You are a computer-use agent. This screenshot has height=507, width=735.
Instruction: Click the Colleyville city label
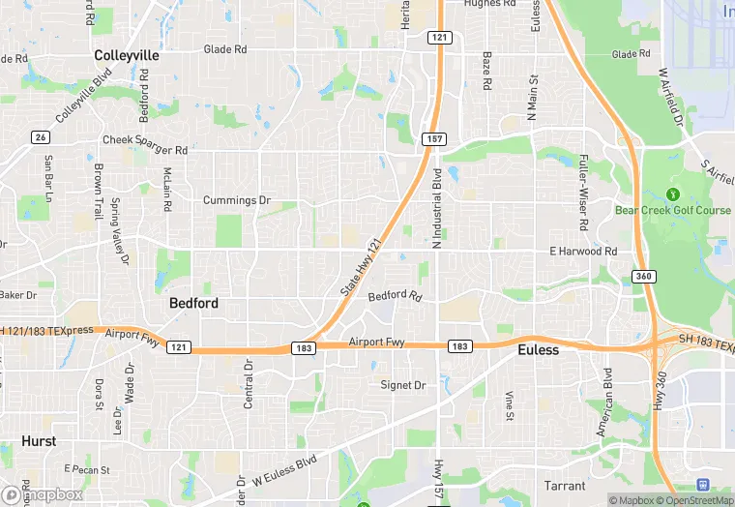pos(127,56)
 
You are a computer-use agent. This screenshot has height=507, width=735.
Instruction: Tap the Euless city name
pos(538,349)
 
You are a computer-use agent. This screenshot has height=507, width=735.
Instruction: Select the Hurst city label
pos(39,441)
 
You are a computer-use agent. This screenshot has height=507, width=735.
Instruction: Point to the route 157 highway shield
pos(433,140)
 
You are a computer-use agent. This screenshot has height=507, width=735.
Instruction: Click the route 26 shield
pos(40,137)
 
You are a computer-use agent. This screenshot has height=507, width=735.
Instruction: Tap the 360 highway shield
pos(644,277)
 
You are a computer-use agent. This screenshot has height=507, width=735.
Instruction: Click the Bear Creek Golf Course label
pos(673,210)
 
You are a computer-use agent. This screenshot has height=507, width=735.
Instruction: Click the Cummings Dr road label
pos(236,200)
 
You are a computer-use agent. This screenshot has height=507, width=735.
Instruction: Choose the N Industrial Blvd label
pos(437,207)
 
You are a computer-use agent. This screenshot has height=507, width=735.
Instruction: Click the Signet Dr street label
pos(402,385)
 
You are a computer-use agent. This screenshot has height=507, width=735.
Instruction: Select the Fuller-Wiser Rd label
pos(582,194)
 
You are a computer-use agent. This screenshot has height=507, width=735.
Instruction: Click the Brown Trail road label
pos(99,190)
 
